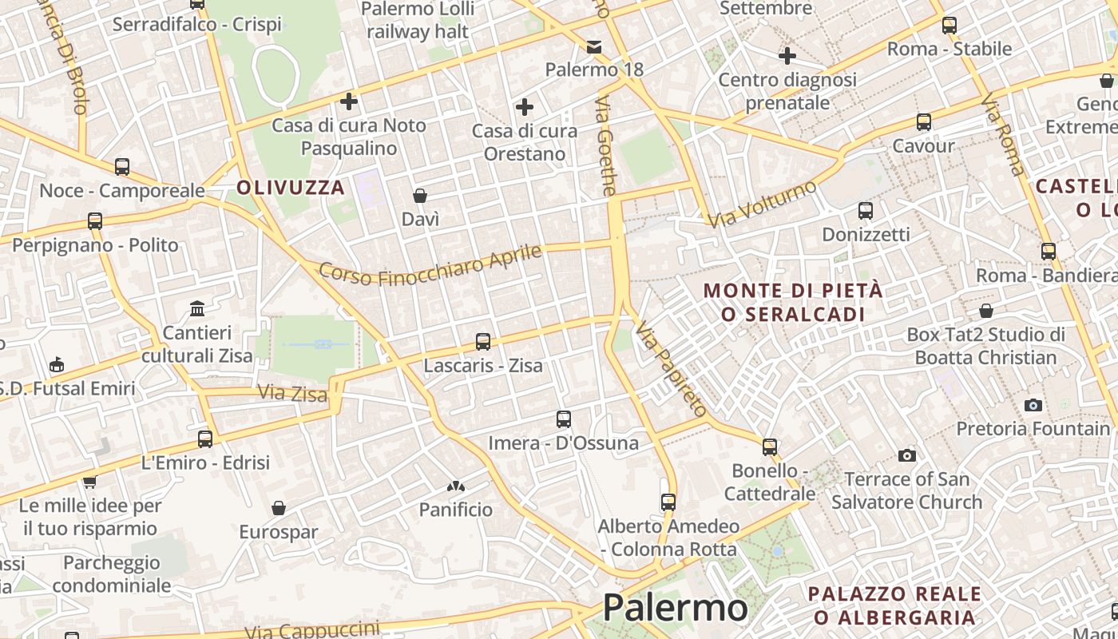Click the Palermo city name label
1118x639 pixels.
click(x=675, y=608)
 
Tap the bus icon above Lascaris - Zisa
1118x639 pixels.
click(x=482, y=342)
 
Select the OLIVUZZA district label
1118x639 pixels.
click(x=291, y=188)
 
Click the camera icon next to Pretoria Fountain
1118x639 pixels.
click(x=1033, y=405)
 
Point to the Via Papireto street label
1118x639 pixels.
click(x=672, y=369)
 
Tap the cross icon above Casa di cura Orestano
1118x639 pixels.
click(x=525, y=106)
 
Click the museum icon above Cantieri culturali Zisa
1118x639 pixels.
click(x=196, y=308)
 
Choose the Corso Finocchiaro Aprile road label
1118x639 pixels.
click(x=430, y=264)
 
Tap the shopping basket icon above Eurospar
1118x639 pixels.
click(x=279, y=508)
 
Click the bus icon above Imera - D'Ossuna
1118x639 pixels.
click(x=564, y=419)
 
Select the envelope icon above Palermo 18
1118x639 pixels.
click(x=594, y=46)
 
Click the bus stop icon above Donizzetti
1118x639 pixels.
click(x=866, y=211)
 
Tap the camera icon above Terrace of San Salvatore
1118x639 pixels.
click(x=906, y=455)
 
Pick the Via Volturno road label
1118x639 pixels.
click(x=763, y=204)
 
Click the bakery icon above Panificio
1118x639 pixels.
click(x=456, y=486)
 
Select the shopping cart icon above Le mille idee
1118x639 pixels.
click(x=89, y=481)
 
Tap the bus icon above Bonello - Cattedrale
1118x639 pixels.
click(x=770, y=447)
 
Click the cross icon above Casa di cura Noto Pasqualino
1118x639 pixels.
click(x=348, y=101)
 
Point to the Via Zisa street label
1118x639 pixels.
click(x=292, y=394)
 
